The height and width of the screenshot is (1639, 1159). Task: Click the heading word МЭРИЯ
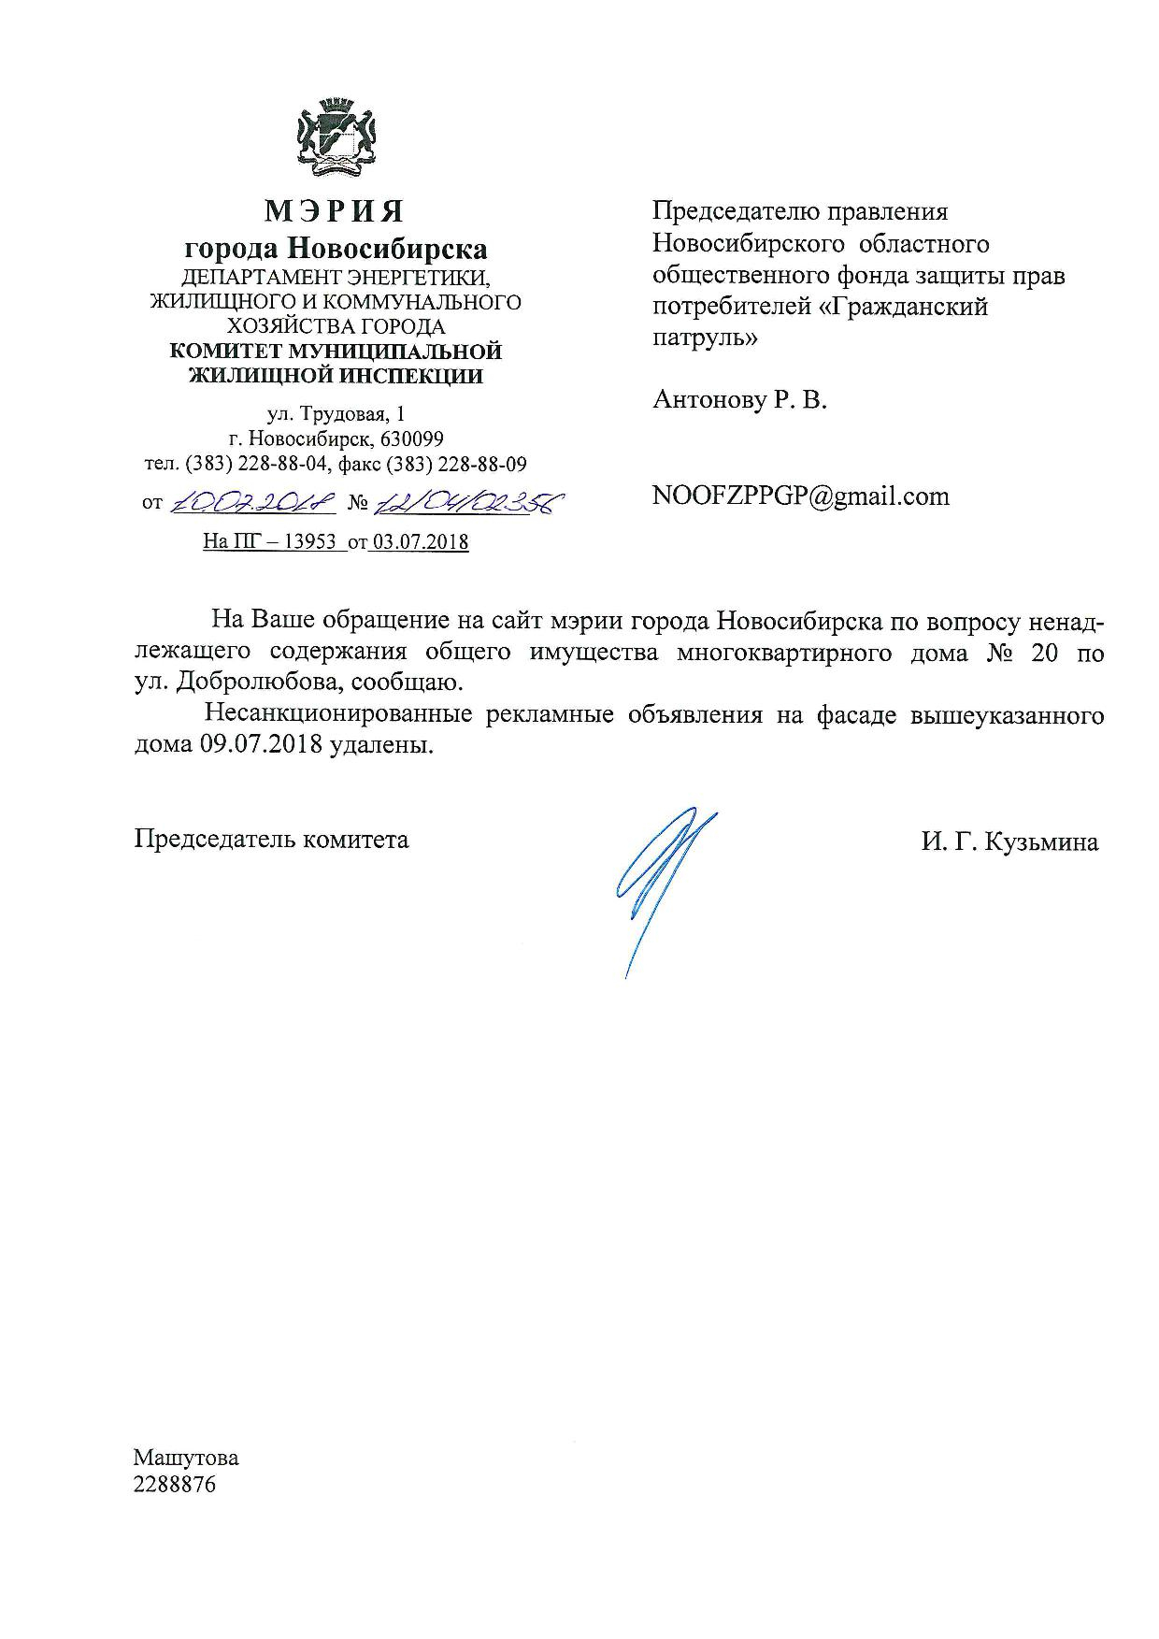pyautogui.click(x=335, y=211)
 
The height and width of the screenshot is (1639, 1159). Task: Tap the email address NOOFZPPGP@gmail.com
pyautogui.click(x=800, y=496)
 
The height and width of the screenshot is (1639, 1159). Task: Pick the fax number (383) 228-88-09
pyautogui.click(x=460, y=464)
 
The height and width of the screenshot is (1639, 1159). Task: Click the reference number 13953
pyautogui.click(x=309, y=541)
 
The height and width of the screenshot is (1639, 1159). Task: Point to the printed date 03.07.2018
pyautogui.click(x=419, y=541)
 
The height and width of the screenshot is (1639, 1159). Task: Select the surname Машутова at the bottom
pyautogui.click(x=186, y=1458)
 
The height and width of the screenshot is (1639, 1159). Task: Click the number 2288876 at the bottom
pyautogui.click(x=175, y=1484)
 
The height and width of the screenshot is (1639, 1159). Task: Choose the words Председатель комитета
pyautogui.click(x=271, y=839)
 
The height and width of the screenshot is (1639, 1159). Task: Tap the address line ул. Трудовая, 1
pyautogui.click(x=336, y=413)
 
